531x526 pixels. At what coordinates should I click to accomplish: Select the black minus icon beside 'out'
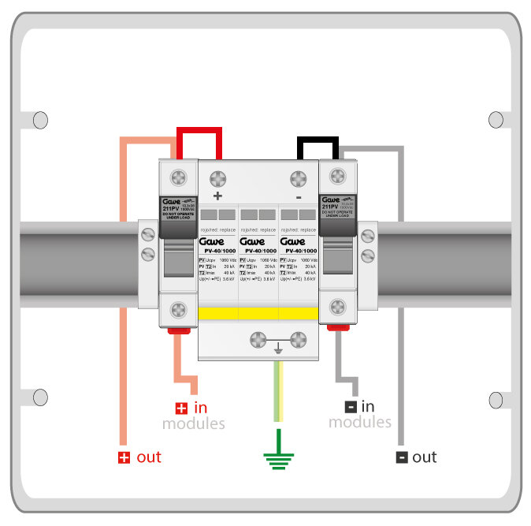[x=402, y=457]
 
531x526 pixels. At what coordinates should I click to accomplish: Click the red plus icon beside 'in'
[x=181, y=408]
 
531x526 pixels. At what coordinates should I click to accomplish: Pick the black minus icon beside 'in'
[x=350, y=407]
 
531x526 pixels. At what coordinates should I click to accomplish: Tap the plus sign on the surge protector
[x=218, y=196]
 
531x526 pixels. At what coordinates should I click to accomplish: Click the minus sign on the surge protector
[x=298, y=196]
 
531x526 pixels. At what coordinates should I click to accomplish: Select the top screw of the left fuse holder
[x=179, y=176]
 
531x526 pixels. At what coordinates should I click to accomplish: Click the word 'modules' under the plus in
[x=194, y=424]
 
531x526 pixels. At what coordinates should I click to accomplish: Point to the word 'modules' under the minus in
[x=360, y=423]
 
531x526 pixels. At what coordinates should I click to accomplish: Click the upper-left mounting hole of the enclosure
[x=39, y=120]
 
